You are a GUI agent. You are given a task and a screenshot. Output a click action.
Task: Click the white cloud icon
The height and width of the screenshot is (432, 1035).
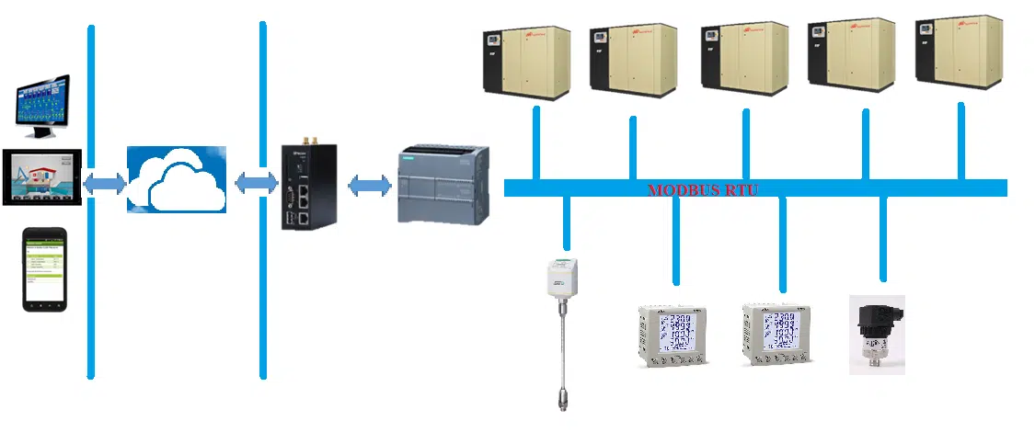point(176,179)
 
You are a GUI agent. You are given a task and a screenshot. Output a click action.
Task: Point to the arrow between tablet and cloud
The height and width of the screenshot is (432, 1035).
point(104,184)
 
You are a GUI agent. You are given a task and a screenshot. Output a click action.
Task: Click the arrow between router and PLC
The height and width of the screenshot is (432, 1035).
point(370,186)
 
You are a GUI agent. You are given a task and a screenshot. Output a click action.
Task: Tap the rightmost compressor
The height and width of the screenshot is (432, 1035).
point(959,52)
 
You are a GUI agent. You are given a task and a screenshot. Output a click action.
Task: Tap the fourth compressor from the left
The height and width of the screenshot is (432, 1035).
point(851,54)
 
